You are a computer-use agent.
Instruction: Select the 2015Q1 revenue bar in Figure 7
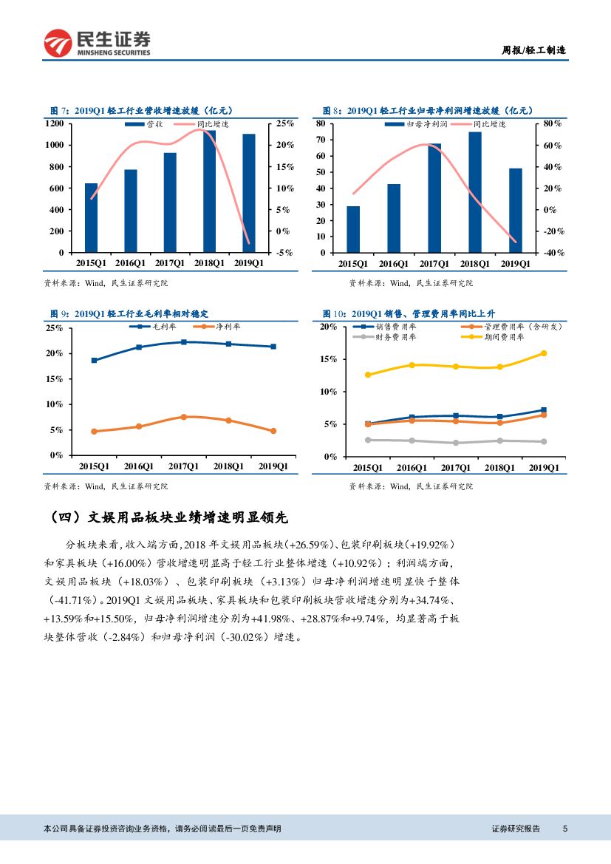pyautogui.click(x=91, y=218)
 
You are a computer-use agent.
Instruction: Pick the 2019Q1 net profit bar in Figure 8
pyautogui.click(x=516, y=211)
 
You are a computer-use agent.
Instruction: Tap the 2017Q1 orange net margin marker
pyautogui.click(x=183, y=417)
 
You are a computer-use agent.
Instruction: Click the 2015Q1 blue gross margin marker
pyautogui.click(x=94, y=360)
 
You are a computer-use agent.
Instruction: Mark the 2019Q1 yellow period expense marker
pyautogui.click(x=544, y=353)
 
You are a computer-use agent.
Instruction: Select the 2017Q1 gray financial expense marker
pyautogui.click(x=456, y=443)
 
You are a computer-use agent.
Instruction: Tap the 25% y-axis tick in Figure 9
pyautogui.click(x=54, y=327)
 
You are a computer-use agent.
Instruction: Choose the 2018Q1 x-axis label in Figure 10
pyautogui.click(x=499, y=467)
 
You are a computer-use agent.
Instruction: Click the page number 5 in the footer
pyautogui.click(x=564, y=829)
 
